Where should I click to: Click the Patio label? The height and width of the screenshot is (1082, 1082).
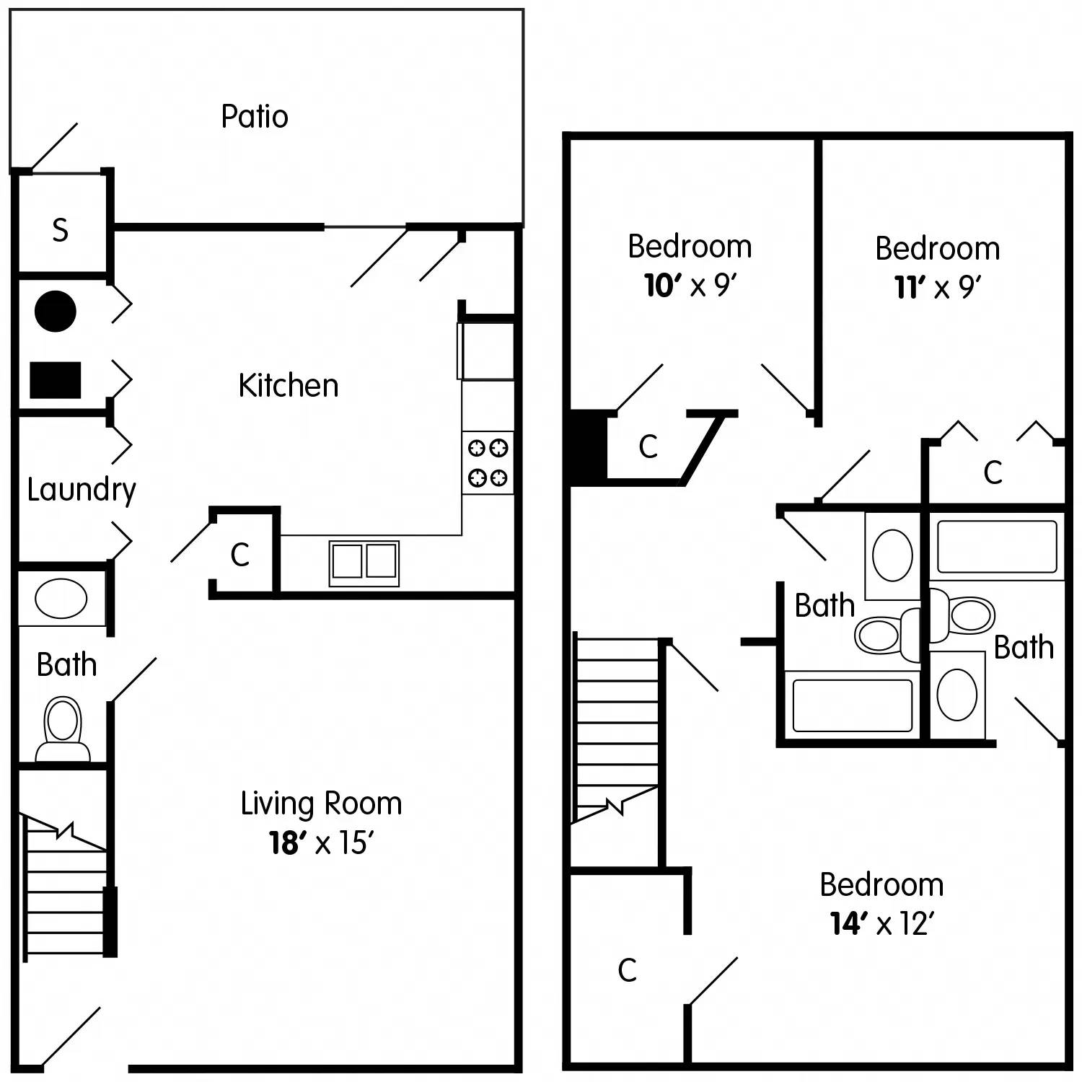tap(254, 116)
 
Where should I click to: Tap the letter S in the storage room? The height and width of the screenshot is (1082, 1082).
tap(61, 230)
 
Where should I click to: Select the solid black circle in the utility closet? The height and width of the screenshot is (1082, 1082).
tap(56, 311)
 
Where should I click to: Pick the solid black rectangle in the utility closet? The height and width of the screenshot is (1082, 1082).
tap(55, 380)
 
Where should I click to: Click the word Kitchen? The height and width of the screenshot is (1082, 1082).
tap(289, 386)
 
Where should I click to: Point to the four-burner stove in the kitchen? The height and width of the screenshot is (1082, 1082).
tap(488, 462)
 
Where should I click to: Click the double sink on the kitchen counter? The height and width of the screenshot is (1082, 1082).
tap(364, 563)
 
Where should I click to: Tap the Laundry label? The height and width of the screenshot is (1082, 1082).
tap(81, 490)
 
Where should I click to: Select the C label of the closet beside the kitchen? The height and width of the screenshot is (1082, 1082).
tap(240, 555)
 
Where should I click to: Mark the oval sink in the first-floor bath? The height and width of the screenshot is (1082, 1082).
tap(61, 598)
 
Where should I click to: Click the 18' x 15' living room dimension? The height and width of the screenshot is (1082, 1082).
tap(321, 843)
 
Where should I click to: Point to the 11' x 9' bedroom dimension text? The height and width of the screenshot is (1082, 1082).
tap(937, 288)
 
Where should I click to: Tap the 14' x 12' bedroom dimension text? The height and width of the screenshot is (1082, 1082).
tap(881, 924)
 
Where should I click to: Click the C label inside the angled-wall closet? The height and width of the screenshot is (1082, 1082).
tap(648, 447)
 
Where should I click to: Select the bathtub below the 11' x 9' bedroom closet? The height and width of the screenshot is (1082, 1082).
tap(997, 547)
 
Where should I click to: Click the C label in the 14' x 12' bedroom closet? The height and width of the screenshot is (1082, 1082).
tap(627, 970)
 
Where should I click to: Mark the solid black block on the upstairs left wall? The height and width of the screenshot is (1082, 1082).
tap(588, 447)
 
